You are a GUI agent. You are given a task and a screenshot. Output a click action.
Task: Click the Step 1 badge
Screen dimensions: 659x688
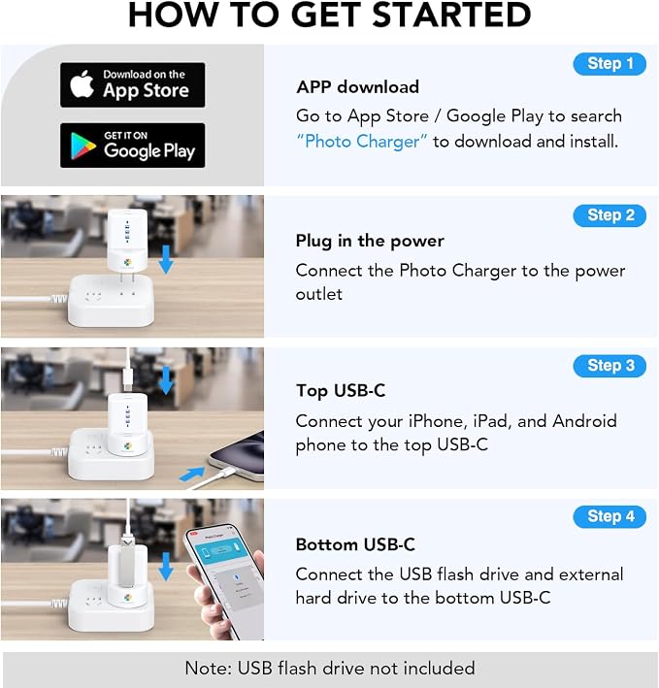[610, 64]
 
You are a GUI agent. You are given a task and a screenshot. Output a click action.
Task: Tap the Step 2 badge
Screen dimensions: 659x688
[610, 215]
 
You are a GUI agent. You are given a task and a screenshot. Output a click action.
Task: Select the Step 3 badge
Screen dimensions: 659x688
[610, 366]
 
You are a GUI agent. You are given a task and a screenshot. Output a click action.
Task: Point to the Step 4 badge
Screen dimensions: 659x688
[610, 517]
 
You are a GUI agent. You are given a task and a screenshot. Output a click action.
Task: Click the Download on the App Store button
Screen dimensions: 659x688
[133, 84]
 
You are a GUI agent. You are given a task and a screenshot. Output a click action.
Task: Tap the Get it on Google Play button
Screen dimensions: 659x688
[133, 146]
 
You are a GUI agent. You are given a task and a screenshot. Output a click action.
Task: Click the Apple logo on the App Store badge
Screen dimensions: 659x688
[82, 83]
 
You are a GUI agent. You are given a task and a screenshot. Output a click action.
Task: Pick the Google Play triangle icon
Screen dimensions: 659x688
[82, 146]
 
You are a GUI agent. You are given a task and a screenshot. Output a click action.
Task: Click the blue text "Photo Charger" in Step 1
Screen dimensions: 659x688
[362, 142]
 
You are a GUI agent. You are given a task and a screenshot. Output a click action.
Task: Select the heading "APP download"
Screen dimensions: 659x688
[357, 87]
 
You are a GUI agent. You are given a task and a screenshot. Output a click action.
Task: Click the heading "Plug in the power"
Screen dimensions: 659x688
[370, 241]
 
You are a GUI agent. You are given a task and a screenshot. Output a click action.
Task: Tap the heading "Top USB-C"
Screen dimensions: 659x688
[341, 390]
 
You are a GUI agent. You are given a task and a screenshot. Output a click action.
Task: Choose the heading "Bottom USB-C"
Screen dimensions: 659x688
[355, 544]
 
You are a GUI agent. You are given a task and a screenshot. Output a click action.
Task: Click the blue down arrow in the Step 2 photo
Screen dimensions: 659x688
[166, 260]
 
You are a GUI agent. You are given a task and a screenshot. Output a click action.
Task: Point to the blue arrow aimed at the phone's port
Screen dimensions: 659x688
[192, 474]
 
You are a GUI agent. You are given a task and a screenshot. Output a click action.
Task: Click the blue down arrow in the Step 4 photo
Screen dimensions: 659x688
[166, 567]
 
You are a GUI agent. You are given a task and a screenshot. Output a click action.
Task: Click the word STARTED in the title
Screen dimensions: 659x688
[451, 15]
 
